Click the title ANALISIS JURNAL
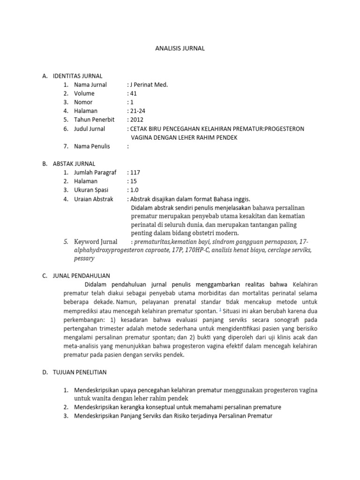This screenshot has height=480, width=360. [x=180, y=48]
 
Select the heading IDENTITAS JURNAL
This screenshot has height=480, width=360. [x=77, y=76]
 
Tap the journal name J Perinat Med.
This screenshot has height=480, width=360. [x=149, y=85]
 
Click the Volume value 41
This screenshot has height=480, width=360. [x=132, y=93]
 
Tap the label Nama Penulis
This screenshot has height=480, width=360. [x=92, y=146]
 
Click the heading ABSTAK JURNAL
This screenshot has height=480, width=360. [x=75, y=164]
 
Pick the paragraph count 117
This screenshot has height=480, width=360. [x=135, y=172]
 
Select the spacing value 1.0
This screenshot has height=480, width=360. [x=134, y=190]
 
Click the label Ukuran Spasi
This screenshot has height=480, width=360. [x=91, y=190]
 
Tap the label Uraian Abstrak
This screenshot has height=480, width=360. [x=94, y=199]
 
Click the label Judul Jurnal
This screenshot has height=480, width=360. [x=90, y=128]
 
